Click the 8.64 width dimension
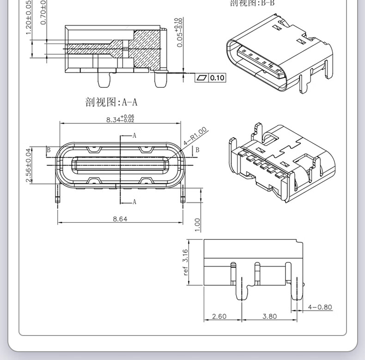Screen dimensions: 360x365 tap(120, 219)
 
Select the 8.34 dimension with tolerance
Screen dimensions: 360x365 tap(120, 119)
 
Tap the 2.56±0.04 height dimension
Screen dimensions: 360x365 tap(29, 165)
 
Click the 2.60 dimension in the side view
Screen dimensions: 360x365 tap(219, 317)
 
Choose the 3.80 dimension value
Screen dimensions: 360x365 tap(269, 317)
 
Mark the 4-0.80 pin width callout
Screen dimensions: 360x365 tap(320, 307)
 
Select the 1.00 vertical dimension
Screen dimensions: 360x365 tap(197, 225)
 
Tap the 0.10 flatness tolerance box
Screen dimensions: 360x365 tap(217, 78)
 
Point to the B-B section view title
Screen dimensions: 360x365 tap(248, 4)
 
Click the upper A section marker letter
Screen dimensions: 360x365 tap(134, 135)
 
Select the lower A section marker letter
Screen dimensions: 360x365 tap(134, 201)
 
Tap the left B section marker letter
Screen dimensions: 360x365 tap(48, 150)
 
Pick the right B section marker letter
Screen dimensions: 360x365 tap(197, 150)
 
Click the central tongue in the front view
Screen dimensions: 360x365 tap(120, 165)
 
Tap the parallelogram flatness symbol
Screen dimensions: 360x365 tap(202, 78)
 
